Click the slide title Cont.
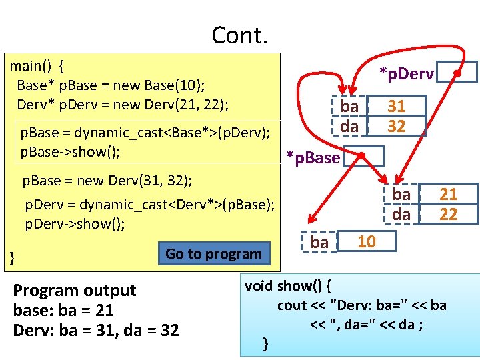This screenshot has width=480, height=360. coord(239,35)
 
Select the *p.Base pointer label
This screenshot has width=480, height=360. coord(313,157)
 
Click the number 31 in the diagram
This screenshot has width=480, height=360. coord(397,106)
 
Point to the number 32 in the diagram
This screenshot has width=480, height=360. coord(397,125)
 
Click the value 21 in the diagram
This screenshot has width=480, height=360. coord(449,194)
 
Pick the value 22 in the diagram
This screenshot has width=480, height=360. coord(449,213)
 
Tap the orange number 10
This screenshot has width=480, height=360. coord(367,241)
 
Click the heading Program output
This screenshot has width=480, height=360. coord(74,290)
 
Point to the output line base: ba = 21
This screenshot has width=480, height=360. coord(63,310)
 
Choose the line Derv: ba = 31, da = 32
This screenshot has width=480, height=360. coord(96,330)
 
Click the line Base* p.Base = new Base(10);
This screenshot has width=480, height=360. coord(111,85)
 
